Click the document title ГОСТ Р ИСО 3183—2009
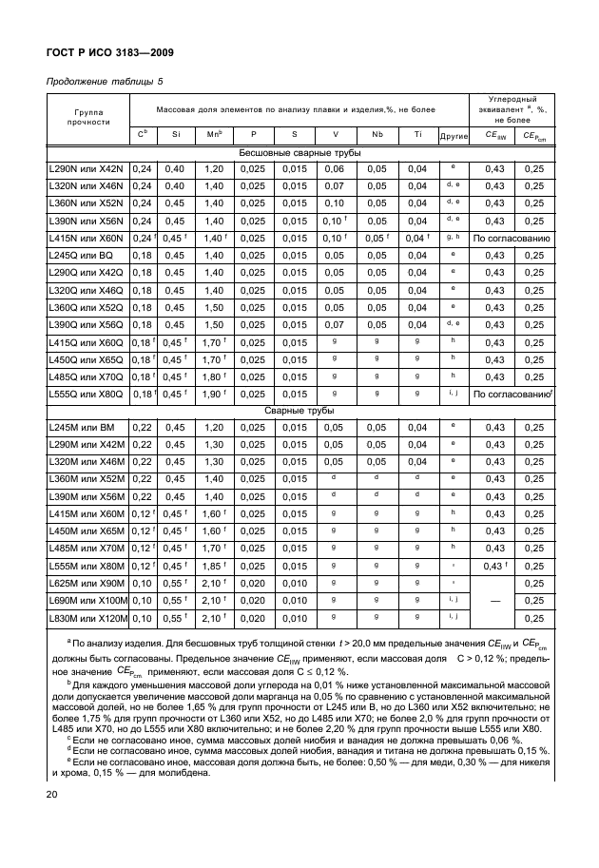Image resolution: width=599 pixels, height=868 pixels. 110,52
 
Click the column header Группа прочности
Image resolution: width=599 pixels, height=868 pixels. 88,116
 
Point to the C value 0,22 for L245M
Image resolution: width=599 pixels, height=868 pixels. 141,428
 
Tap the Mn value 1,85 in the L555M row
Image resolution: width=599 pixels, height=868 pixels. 214,566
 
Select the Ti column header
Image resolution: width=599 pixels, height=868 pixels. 416,135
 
